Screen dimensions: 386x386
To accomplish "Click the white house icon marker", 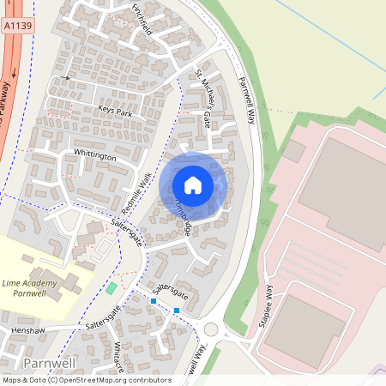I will click(193, 184).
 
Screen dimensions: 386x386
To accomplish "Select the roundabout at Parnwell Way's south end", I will click(210, 329).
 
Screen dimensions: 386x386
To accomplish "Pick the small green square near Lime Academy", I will click(112, 286).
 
